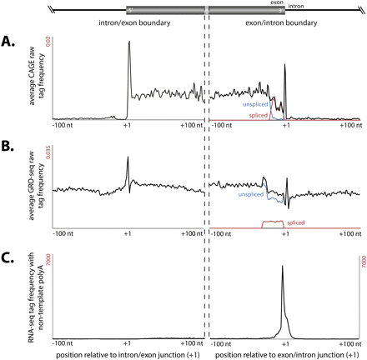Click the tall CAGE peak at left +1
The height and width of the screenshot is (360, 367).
[129, 46]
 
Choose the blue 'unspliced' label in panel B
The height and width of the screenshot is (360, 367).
[241, 193]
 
